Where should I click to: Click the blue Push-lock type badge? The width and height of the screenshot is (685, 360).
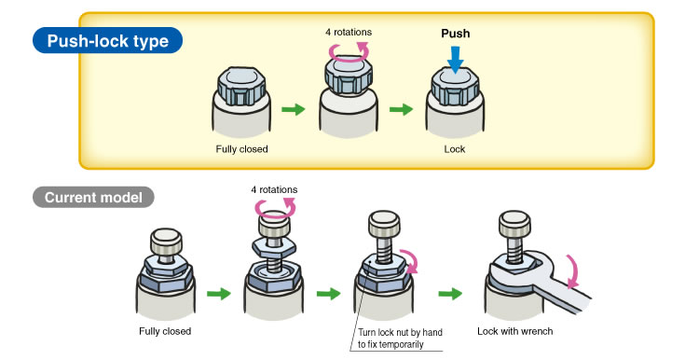click(x=107, y=41)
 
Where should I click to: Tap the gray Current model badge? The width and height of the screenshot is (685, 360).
click(x=93, y=198)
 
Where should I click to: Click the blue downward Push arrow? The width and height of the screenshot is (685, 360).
click(x=455, y=60)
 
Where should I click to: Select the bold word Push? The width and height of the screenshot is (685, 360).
click(x=455, y=34)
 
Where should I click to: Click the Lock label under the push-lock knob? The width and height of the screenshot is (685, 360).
click(x=455, y=149)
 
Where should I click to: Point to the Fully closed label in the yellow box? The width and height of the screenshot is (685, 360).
click(x=241, y=149)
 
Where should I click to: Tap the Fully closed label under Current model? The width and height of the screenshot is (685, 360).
click(x=165, y=331)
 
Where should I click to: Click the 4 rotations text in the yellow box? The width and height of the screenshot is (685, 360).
click(x=349, y=32)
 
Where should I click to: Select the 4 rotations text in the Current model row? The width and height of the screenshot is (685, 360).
click(x=274, y=189)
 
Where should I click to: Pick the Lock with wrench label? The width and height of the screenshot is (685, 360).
click(x=514, y=331)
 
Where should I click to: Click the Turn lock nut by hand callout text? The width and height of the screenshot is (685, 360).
click(x=400, y=339)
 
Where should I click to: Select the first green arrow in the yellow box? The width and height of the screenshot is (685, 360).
click(x=294, y=109)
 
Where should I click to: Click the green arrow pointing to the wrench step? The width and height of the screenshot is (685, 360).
click(x=450, y=293)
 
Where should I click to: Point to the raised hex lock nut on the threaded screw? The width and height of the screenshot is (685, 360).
click(x=274, y=247)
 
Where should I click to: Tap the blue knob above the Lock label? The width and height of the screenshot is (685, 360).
click(x=455, y=86)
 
